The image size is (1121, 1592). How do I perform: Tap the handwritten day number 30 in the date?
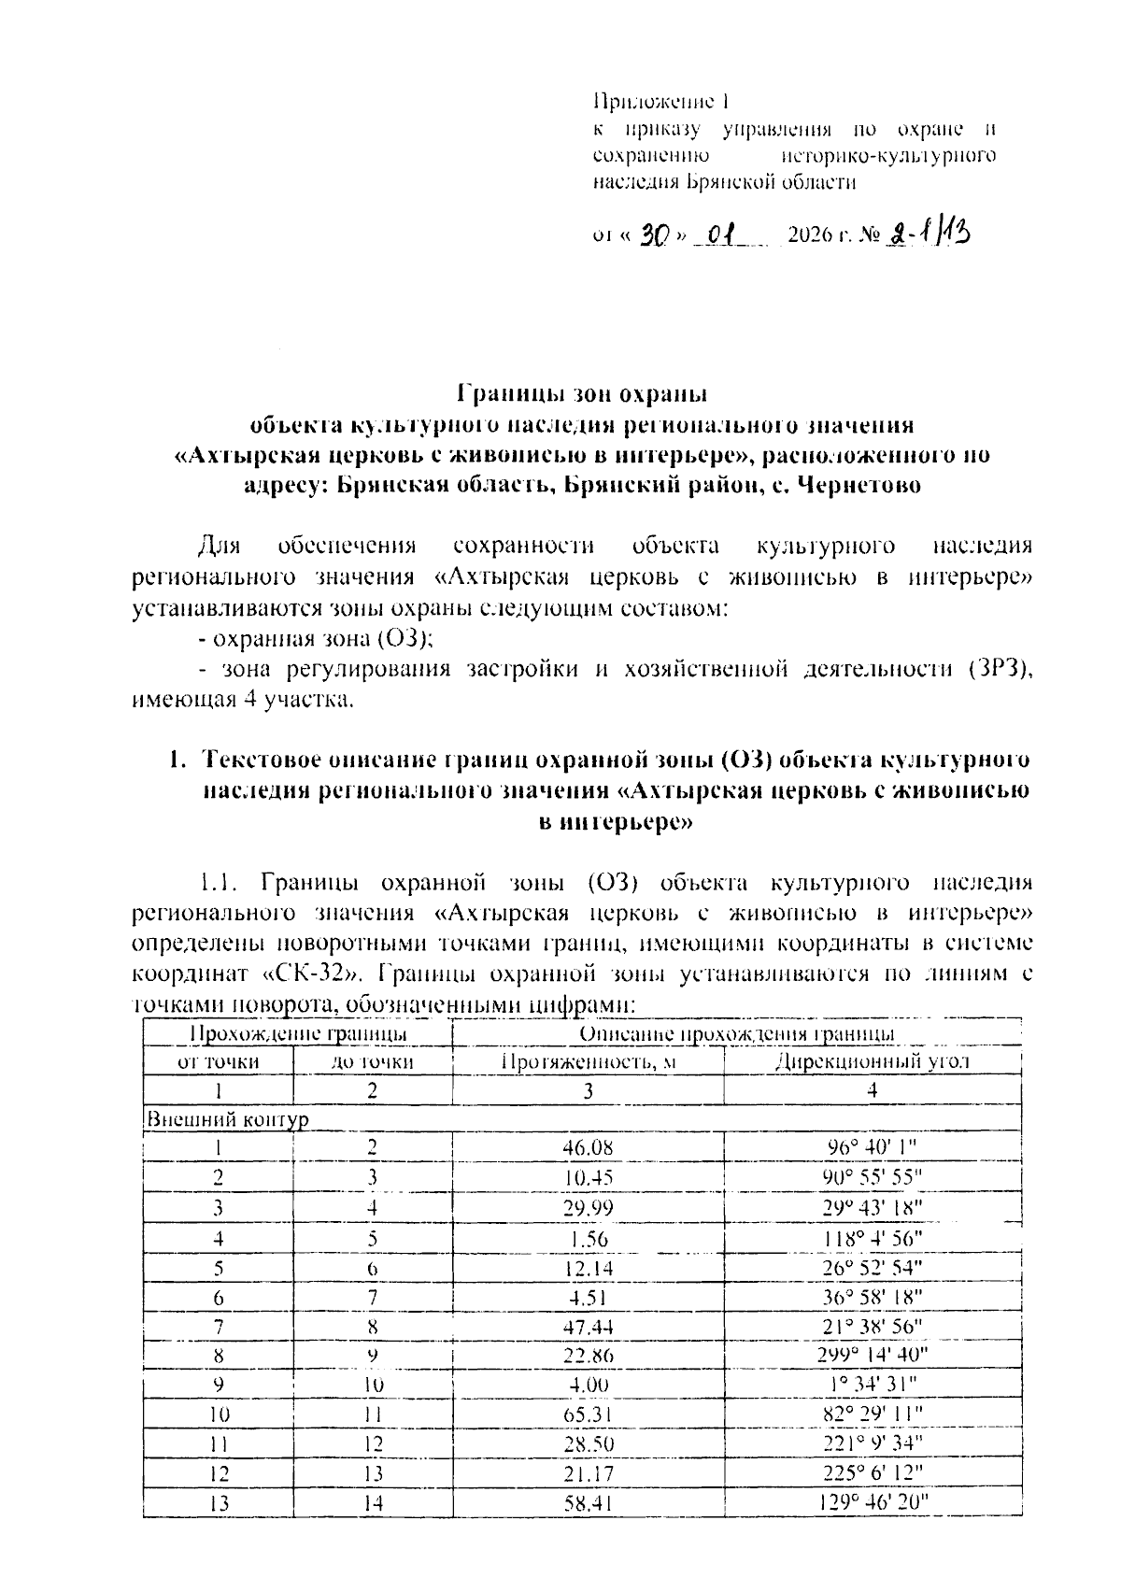pyautogui.click(x=653, y=235)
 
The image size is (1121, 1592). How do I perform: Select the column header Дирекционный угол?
pyautogui.click(x=873, y=1061)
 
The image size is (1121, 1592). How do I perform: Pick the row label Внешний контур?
pyautogui.click(x=227, y=1119)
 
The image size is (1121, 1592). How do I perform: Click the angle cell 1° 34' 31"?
pyautogui.click(x=873, y=1384)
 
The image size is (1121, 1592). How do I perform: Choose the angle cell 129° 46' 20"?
pyautogui.click(x=873, y=1503)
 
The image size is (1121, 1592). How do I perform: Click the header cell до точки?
pyautogui.click(x=373, y=1061)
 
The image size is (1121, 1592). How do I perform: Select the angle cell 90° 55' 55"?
pyautogui.click(x=873, y=1177)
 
